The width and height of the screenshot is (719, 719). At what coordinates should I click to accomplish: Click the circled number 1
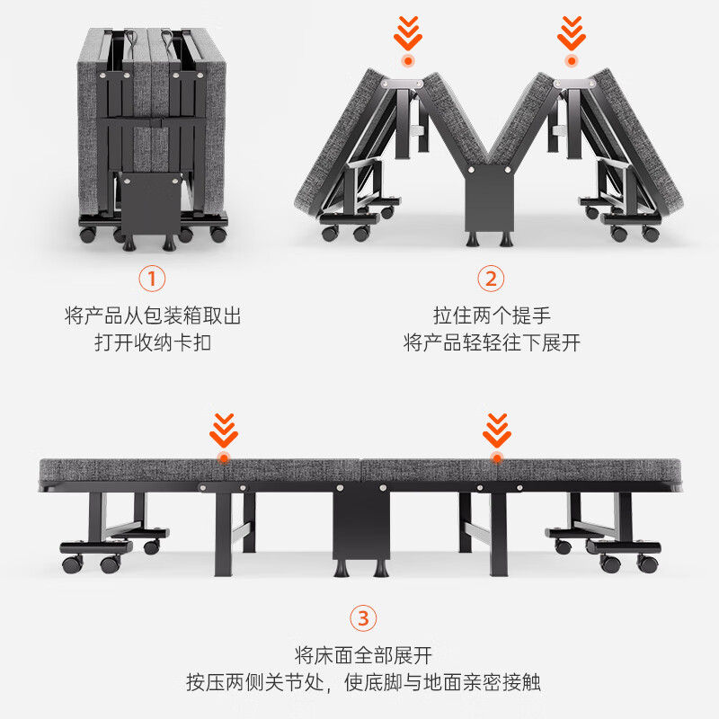click(152, 279)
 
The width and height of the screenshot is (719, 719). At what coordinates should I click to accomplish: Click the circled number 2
click(491, 279)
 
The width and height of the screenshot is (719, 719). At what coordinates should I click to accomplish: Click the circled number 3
click(363, 617)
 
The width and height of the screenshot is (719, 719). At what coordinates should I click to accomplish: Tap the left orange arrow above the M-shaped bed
click(408, 33)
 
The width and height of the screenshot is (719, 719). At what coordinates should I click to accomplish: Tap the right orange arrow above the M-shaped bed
click(572, 33)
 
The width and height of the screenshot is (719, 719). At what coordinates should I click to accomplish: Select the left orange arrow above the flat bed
click(224, 431)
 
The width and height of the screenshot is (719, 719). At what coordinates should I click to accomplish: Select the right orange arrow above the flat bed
click(497, 431)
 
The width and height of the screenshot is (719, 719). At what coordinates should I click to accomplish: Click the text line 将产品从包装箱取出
click(153, 316)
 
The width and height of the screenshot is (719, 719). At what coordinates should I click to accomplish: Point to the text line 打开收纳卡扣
click(153, 342)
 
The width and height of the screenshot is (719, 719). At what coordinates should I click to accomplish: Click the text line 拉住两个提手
click(492, 316)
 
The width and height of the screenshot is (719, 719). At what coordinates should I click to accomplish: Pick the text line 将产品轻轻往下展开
click(492, 342)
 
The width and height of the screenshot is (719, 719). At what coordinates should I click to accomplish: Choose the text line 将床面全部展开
click(363, 655)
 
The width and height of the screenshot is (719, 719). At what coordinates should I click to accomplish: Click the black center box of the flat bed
click(361, 522)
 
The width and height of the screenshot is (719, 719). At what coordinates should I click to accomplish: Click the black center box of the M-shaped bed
click(489, 198)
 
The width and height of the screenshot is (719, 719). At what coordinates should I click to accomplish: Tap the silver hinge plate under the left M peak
click(404, 84)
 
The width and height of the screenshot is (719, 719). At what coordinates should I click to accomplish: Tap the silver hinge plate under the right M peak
click(575, 84)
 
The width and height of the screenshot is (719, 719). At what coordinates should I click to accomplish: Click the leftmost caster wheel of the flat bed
click(73, 564)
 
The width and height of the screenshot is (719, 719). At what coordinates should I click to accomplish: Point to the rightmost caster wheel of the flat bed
click(648, 564)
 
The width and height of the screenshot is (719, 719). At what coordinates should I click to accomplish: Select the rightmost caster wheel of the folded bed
click(218, 234)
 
